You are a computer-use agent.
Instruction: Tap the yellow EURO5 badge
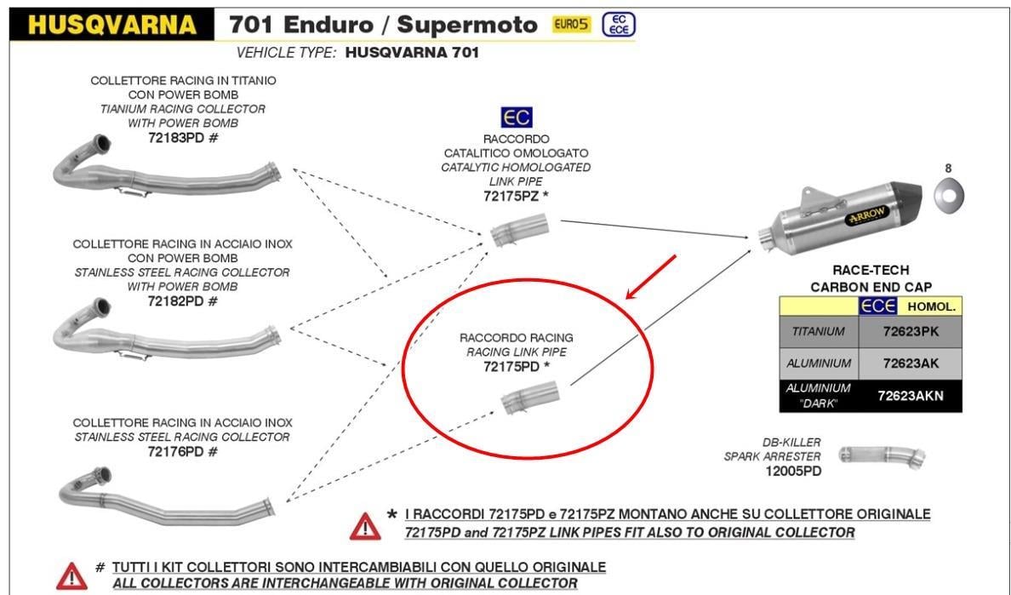(571, 25)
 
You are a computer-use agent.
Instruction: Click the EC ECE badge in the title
(618, 25)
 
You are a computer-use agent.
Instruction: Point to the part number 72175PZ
(510, 197)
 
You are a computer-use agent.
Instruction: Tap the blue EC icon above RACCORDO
(516, 117)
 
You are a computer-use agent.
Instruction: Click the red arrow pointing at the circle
(650, 276)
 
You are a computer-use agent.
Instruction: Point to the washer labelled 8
(947, 197)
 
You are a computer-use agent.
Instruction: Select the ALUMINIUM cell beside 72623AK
(820, 363)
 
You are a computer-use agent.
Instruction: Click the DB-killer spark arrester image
(882, 456)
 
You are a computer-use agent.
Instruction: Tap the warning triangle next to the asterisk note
(364, 527)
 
